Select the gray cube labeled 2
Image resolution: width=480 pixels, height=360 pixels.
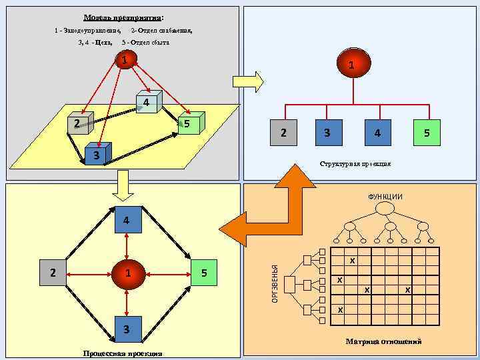(79, 123)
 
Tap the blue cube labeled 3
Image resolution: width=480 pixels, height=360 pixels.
(97, 155)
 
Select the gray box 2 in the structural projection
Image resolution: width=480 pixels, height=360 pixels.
(285, 133)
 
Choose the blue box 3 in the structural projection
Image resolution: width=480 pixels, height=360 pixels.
(327, 133)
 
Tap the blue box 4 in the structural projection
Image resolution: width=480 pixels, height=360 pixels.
(377, 133)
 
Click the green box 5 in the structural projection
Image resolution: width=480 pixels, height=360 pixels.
(427, 133)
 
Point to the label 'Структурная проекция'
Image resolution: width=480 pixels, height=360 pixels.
(355, 163)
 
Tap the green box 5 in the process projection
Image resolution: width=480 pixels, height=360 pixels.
(205, 273)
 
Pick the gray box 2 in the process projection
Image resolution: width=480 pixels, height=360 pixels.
(53, 273)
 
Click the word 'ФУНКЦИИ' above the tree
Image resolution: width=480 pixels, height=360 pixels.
(385, 196)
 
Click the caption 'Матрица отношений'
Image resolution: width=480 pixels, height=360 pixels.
(383, 341)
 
